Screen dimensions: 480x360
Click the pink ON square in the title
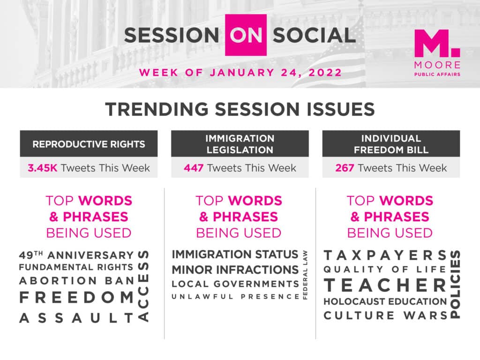click(246, 35)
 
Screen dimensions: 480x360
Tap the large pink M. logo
click(437, 43)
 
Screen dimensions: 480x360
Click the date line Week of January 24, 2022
click(240, 73)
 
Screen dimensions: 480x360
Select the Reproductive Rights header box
click(89, 144)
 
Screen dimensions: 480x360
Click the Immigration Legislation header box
click(240, 144)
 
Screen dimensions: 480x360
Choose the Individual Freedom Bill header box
click(391, 144)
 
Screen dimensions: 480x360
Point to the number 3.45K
click(43, 168)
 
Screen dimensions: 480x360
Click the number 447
click(194, 168)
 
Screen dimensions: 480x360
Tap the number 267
click(345, 168)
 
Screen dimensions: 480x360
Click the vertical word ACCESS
click(143, 286)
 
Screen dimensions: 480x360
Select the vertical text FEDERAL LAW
click(305, 275)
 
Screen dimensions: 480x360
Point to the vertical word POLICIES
click(455, 285)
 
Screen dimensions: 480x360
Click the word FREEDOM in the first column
click(76, 298)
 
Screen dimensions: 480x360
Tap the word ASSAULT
click(76, 318)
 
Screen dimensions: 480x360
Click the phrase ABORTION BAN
click(76, 280)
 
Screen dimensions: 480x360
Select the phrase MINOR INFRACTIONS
click(235, 270)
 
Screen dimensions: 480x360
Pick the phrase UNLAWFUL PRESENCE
click(235, 297)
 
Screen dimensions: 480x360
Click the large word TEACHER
click(386, 285)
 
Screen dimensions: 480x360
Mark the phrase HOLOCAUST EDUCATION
click(385, 301)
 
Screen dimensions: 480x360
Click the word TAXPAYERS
click(386, 255)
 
